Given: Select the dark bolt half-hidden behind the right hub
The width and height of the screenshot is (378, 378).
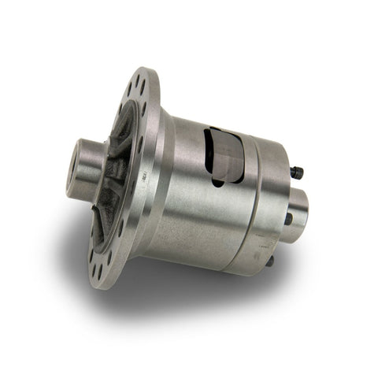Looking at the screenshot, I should pos(288,218).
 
